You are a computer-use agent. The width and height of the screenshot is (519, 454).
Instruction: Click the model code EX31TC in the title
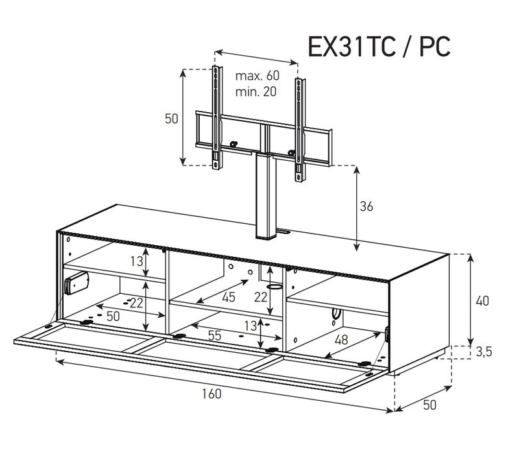pos(352,47)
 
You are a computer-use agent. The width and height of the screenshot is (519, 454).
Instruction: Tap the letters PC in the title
pos(435,47)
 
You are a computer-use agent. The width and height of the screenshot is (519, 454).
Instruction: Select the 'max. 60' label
pos(257,76)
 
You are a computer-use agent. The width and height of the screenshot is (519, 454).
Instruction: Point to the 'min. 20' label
pos(256,91)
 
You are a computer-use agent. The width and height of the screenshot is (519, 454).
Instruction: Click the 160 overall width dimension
pos(211,394)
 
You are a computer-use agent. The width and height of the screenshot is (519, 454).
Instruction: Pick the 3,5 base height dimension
pos(484,352)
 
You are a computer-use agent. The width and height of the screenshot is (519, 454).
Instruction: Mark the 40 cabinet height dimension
pos(482,301)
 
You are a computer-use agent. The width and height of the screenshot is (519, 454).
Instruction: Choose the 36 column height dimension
pos(367,206)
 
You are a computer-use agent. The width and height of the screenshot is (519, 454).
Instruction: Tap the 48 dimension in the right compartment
pos(341,340)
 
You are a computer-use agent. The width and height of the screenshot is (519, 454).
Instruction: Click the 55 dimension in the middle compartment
pos(215,335)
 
